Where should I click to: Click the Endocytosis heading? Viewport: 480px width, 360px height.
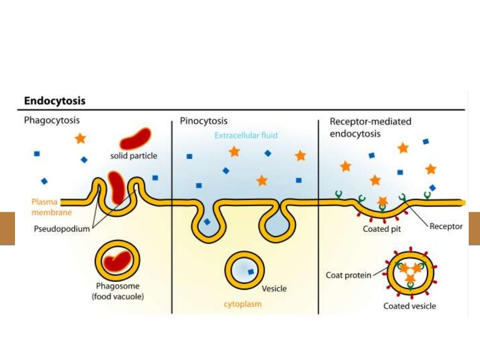55,101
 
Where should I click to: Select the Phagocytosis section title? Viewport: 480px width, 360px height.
52,120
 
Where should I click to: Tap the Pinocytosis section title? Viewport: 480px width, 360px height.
204,121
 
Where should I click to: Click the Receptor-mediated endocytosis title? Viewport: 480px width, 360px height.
370,127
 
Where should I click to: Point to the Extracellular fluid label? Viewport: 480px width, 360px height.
246,135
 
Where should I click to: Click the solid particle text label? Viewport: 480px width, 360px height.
134,156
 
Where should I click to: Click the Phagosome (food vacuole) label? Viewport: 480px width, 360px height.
118,291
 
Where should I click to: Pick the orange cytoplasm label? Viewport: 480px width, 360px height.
242,304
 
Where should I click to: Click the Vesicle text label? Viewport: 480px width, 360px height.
274,289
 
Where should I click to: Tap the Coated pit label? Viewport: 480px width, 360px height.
382,229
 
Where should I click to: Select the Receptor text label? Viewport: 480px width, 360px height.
446,226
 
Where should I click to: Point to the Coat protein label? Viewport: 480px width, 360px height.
348,275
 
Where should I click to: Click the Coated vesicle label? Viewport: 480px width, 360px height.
409,306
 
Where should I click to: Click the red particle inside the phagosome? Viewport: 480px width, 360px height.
117,262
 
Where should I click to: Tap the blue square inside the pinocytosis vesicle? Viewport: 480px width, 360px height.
251,271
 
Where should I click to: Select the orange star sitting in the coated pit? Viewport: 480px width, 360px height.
382,201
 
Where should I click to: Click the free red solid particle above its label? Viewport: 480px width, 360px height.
135,138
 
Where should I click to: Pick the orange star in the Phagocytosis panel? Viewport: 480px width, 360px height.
81,138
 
